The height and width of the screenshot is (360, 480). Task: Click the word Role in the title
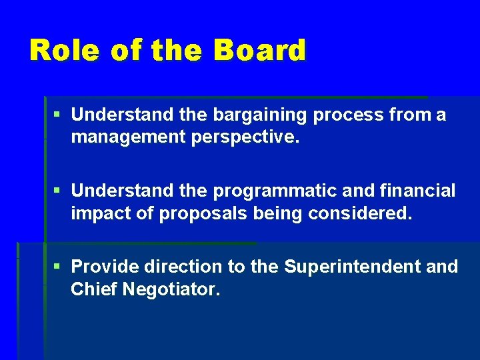[65, 51]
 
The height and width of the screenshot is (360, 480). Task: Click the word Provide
[101, 267]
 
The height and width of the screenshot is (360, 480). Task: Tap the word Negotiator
[171, 289]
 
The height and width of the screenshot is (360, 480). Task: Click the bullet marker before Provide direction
[58, 267]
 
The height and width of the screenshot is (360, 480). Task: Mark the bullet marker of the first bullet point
[58, 115]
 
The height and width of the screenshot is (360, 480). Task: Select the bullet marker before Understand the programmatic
[58, 191]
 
